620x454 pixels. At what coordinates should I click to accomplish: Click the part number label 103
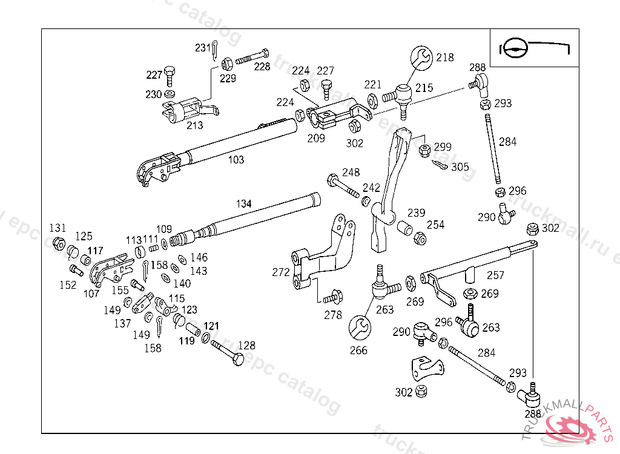point(236,160)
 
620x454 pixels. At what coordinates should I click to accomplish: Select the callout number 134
point(243,204)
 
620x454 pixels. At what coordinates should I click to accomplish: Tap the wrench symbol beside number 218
point(421,58)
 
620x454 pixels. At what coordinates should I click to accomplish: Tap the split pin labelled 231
point(216,51)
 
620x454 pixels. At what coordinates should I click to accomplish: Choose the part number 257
point(495,275)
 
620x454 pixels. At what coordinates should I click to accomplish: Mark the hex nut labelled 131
point(59,243)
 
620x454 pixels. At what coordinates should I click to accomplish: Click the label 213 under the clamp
point(194,125)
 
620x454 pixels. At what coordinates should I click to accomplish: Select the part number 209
point(315,138)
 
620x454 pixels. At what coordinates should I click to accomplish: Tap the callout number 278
point(332,315)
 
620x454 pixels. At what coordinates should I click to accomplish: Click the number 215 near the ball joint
point(424,88)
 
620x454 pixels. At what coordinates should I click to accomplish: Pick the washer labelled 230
point(171,94)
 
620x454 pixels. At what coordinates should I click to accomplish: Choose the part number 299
point(443,146)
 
